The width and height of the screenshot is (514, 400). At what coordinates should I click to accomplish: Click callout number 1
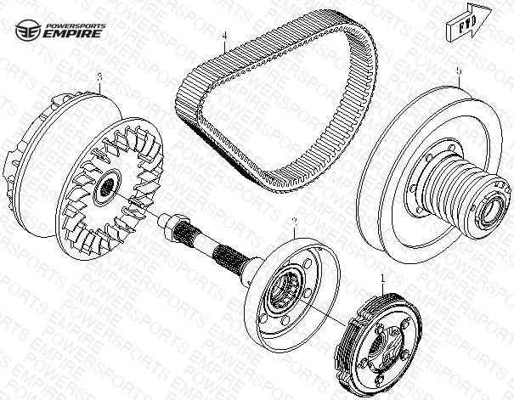[382, 279]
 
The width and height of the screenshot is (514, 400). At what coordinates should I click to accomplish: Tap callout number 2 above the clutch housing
[294, 222]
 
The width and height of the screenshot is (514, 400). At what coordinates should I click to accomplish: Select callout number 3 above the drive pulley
[100, 77]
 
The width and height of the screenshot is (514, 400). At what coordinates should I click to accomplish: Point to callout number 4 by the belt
[224, 36]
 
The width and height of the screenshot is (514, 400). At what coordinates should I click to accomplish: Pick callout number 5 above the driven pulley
[459, 71]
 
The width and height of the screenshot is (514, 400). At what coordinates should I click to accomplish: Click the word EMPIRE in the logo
[73, 33]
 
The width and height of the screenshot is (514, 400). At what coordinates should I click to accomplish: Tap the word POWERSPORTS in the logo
[76, 25]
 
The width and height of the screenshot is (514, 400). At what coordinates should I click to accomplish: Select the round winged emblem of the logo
[28, 30]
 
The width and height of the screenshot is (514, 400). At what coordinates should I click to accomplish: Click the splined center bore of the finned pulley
[106, 188]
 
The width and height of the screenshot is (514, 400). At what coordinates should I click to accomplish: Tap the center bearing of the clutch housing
[285, 288]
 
